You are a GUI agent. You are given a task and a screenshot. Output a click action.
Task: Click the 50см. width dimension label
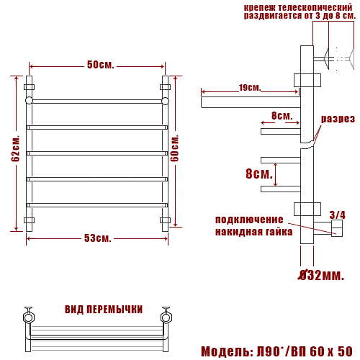(x=101, y=65)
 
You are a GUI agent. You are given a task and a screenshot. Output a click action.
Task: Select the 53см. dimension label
(x=99, y=238)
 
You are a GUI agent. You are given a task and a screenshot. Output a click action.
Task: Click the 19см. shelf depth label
(x=249, y=88)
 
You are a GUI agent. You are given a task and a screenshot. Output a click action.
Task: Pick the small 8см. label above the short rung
(x=282, y=115)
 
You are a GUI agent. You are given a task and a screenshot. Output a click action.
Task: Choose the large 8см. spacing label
(x=258, y=174)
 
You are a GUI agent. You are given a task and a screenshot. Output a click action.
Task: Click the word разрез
(x=338, y=118)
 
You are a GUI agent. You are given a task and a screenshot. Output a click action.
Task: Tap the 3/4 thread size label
(x=337, y=215)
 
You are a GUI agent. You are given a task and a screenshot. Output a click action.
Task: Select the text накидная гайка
(x=253, y=231)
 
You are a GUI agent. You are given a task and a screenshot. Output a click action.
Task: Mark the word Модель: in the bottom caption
(x=224, y=351)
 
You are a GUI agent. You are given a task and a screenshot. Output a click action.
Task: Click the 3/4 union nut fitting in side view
(x=337, y=230)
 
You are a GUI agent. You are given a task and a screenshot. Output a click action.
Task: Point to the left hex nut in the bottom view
(x=29, y=315)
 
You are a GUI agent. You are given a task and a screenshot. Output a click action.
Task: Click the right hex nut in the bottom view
(x=165, y=315)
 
